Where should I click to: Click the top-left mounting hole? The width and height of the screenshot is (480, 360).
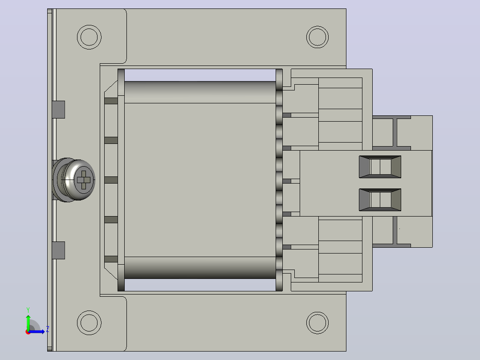click(89, 37)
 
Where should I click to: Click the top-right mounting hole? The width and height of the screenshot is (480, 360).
click(317, 37)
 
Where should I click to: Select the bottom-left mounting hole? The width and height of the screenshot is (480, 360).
click(89, 323)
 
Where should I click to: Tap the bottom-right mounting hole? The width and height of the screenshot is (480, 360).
click(317, 323)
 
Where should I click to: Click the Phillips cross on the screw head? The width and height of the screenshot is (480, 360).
click(84, 180)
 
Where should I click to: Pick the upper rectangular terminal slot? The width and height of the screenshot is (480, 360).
click(380, 167)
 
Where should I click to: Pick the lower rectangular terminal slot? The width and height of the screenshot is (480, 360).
click(380, 200)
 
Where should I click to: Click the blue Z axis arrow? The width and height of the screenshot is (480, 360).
click(37, 331)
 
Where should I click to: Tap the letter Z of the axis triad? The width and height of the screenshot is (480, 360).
click(48, 329)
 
